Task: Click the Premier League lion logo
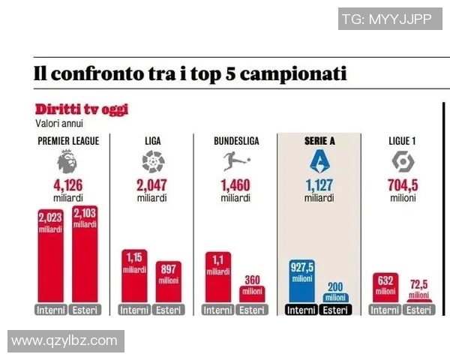click(68, 161)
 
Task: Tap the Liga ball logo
click(152, 161)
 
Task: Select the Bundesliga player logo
click(235, 161)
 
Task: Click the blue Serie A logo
click(319, 161)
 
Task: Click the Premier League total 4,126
click(68, 186)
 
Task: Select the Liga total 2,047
click(152, 186)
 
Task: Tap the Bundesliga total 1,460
click(235, 186)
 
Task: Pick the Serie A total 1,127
click(319, 186)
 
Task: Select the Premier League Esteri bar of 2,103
click(85, 255)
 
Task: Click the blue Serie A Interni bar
click(301, 281)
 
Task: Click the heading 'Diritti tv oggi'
click(81, 110)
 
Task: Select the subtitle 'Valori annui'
click(59, 123)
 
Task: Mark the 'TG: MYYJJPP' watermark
click(386, 19)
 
